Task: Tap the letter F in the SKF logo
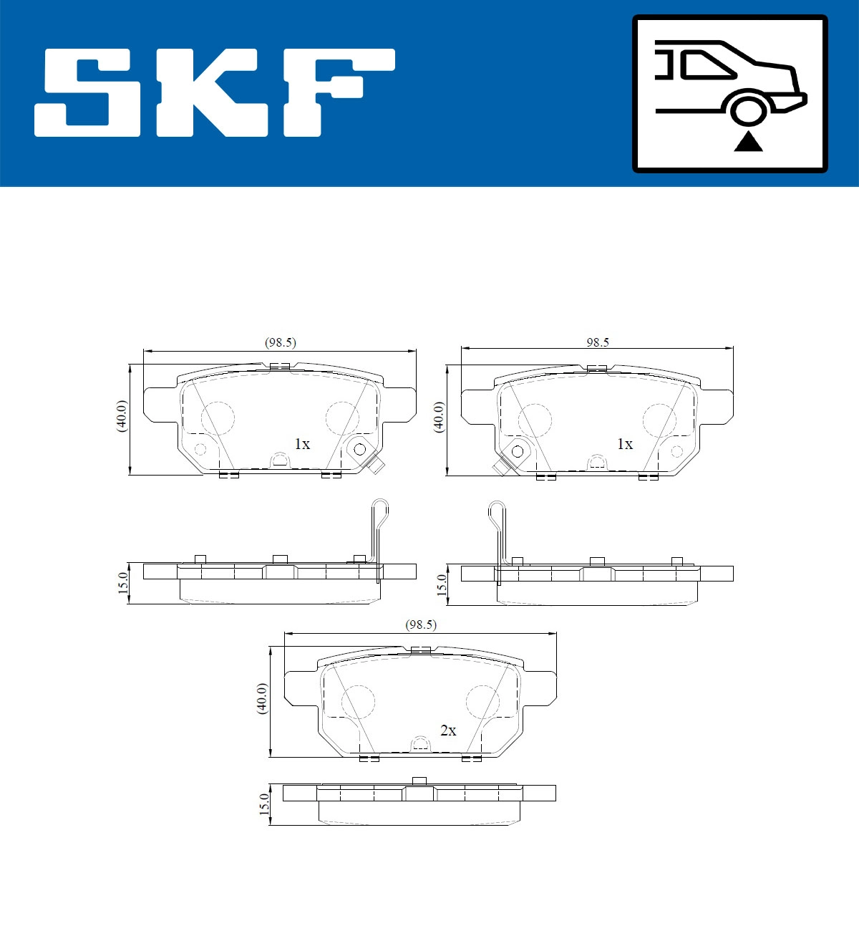pyautogui.click(x=336, y=92)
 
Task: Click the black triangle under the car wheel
pyautogui.click(x=748, y=142)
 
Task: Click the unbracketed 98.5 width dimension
pyautogui.click(x=598, y=342)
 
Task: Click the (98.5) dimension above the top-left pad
pyautogui.click(x=280, y=342)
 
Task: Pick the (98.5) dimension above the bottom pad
pyautogui.click(x=421, y=624)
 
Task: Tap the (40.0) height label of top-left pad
pyautogui.click(x=121, y=416)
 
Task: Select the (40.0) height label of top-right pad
pyautogui.click(x=438, y=417)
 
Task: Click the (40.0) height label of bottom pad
pyautogui.click(x=262, y=698)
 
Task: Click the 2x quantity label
pyautogui.click(x=448, y=730)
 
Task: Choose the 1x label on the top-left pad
pyautogui.click(x=302, y=444)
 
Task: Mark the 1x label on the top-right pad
pyautogui.click(x=625, y=444)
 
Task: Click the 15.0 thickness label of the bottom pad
pyautogui.click(x=263, y=805)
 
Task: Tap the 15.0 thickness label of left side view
pyautogui.click(x=122, y=584)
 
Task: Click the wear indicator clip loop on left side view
pyautogui.click(x=381, y=512)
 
